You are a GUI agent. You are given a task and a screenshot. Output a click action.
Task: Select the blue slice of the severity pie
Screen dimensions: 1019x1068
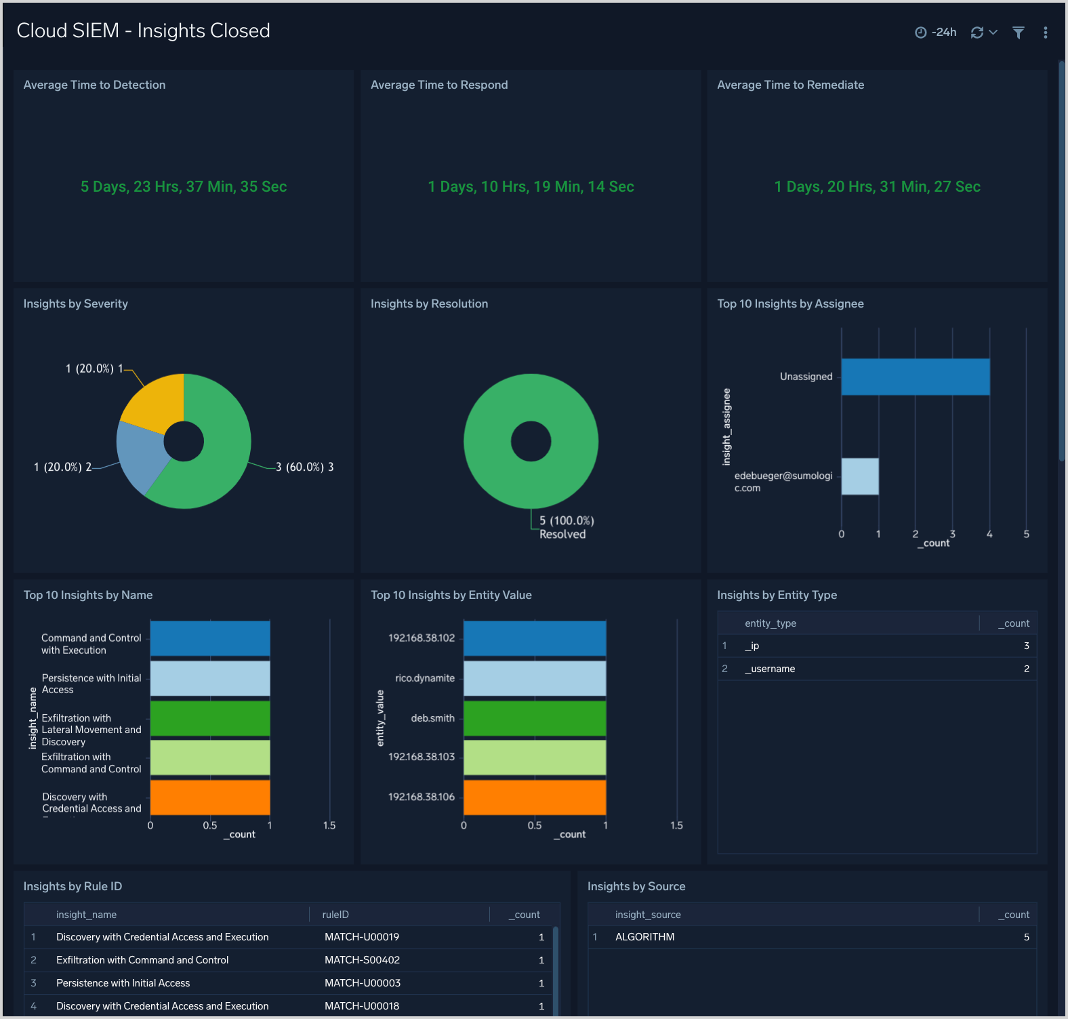click(x=140, y=455)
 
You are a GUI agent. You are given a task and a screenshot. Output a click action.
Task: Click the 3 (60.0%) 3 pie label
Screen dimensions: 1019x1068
click(x=305, y=467)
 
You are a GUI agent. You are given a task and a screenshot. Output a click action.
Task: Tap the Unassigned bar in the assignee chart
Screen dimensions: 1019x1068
click(x=915, y=377)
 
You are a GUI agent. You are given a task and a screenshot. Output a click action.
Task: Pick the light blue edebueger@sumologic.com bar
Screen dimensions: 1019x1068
click(x=860, y=476)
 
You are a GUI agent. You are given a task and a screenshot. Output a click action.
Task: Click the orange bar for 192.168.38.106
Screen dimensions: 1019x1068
click(x=534, y=797)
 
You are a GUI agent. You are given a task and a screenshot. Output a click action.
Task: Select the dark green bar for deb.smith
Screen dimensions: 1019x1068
click(x=534, y=718)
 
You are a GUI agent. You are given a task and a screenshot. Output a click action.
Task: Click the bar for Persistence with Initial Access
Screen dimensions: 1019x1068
click(x=210, y=678)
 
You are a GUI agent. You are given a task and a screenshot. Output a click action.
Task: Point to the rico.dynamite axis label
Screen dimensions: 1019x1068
click(x=425, y=678)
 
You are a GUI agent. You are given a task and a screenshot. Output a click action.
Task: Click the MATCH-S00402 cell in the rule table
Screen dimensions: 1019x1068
click(x=362, y=960)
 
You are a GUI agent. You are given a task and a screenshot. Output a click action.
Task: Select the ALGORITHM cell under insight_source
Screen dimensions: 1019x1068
click(x=644, y=937)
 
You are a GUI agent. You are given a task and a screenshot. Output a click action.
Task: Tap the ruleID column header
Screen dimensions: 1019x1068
click(x=335, y=915)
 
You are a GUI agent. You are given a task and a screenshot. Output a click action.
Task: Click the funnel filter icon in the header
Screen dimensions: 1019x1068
click(x=1018, y=33)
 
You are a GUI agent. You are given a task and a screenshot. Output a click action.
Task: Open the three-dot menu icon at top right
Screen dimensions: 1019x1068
click(x=1046, y=33)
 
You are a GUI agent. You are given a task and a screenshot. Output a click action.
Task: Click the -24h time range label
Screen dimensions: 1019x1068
click(x=943, y=33)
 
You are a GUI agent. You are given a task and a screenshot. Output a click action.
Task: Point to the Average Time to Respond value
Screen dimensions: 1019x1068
click(x=531, y=186)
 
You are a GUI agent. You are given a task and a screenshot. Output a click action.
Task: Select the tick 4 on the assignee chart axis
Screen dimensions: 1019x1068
click(x=989, y=535)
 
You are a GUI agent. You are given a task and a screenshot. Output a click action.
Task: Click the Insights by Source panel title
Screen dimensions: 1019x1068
click(x=636, y=886)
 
